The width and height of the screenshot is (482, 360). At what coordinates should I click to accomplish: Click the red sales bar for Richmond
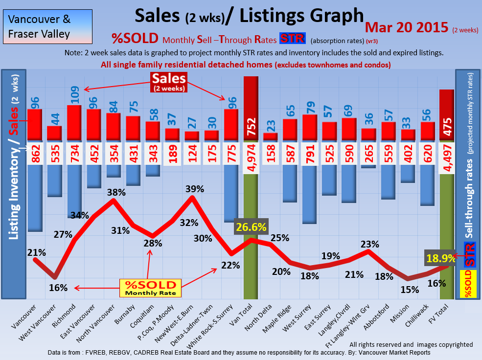coord(74,122)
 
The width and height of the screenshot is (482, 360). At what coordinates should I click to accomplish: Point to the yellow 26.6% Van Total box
coord(251,227)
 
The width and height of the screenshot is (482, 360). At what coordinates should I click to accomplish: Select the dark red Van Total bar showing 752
coord(251,108)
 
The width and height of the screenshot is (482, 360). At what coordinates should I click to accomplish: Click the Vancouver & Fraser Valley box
coord(47,27)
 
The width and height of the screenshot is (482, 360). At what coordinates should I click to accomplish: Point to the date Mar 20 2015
coord(407,27)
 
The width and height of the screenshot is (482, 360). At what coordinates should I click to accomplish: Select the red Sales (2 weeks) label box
coord(169,81)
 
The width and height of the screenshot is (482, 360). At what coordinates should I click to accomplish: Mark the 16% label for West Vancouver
coord(58,288)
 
